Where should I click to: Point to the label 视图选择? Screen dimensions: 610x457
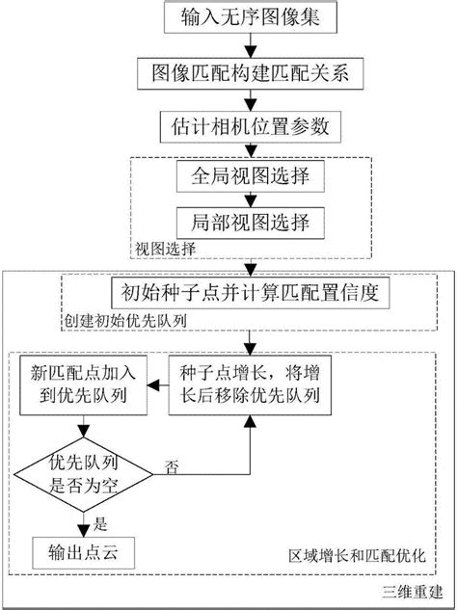[x=165, y=248]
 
